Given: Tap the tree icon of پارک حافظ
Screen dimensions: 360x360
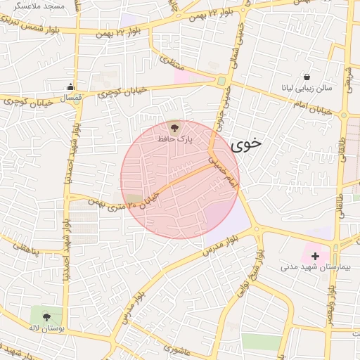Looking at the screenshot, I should (x=174, y=127).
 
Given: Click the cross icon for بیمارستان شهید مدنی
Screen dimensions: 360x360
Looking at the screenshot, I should (x=315, y=256).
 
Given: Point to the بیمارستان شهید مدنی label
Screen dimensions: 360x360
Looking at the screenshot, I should (x=314, y=267).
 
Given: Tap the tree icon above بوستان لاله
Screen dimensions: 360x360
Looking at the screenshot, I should (x=46, y=316).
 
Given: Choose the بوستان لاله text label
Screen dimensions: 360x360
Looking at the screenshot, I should (x=46, y=328).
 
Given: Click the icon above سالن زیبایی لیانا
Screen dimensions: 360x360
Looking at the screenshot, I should (x=307, y=77).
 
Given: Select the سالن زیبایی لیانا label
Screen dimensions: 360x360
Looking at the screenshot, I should (x=307, y=89).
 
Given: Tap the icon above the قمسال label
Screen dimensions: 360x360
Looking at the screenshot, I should (x=70, y=87).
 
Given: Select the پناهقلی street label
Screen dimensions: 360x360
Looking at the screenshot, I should (x=23, y=247).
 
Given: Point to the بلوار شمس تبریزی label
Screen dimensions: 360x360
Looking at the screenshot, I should (x=27, y=30).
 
